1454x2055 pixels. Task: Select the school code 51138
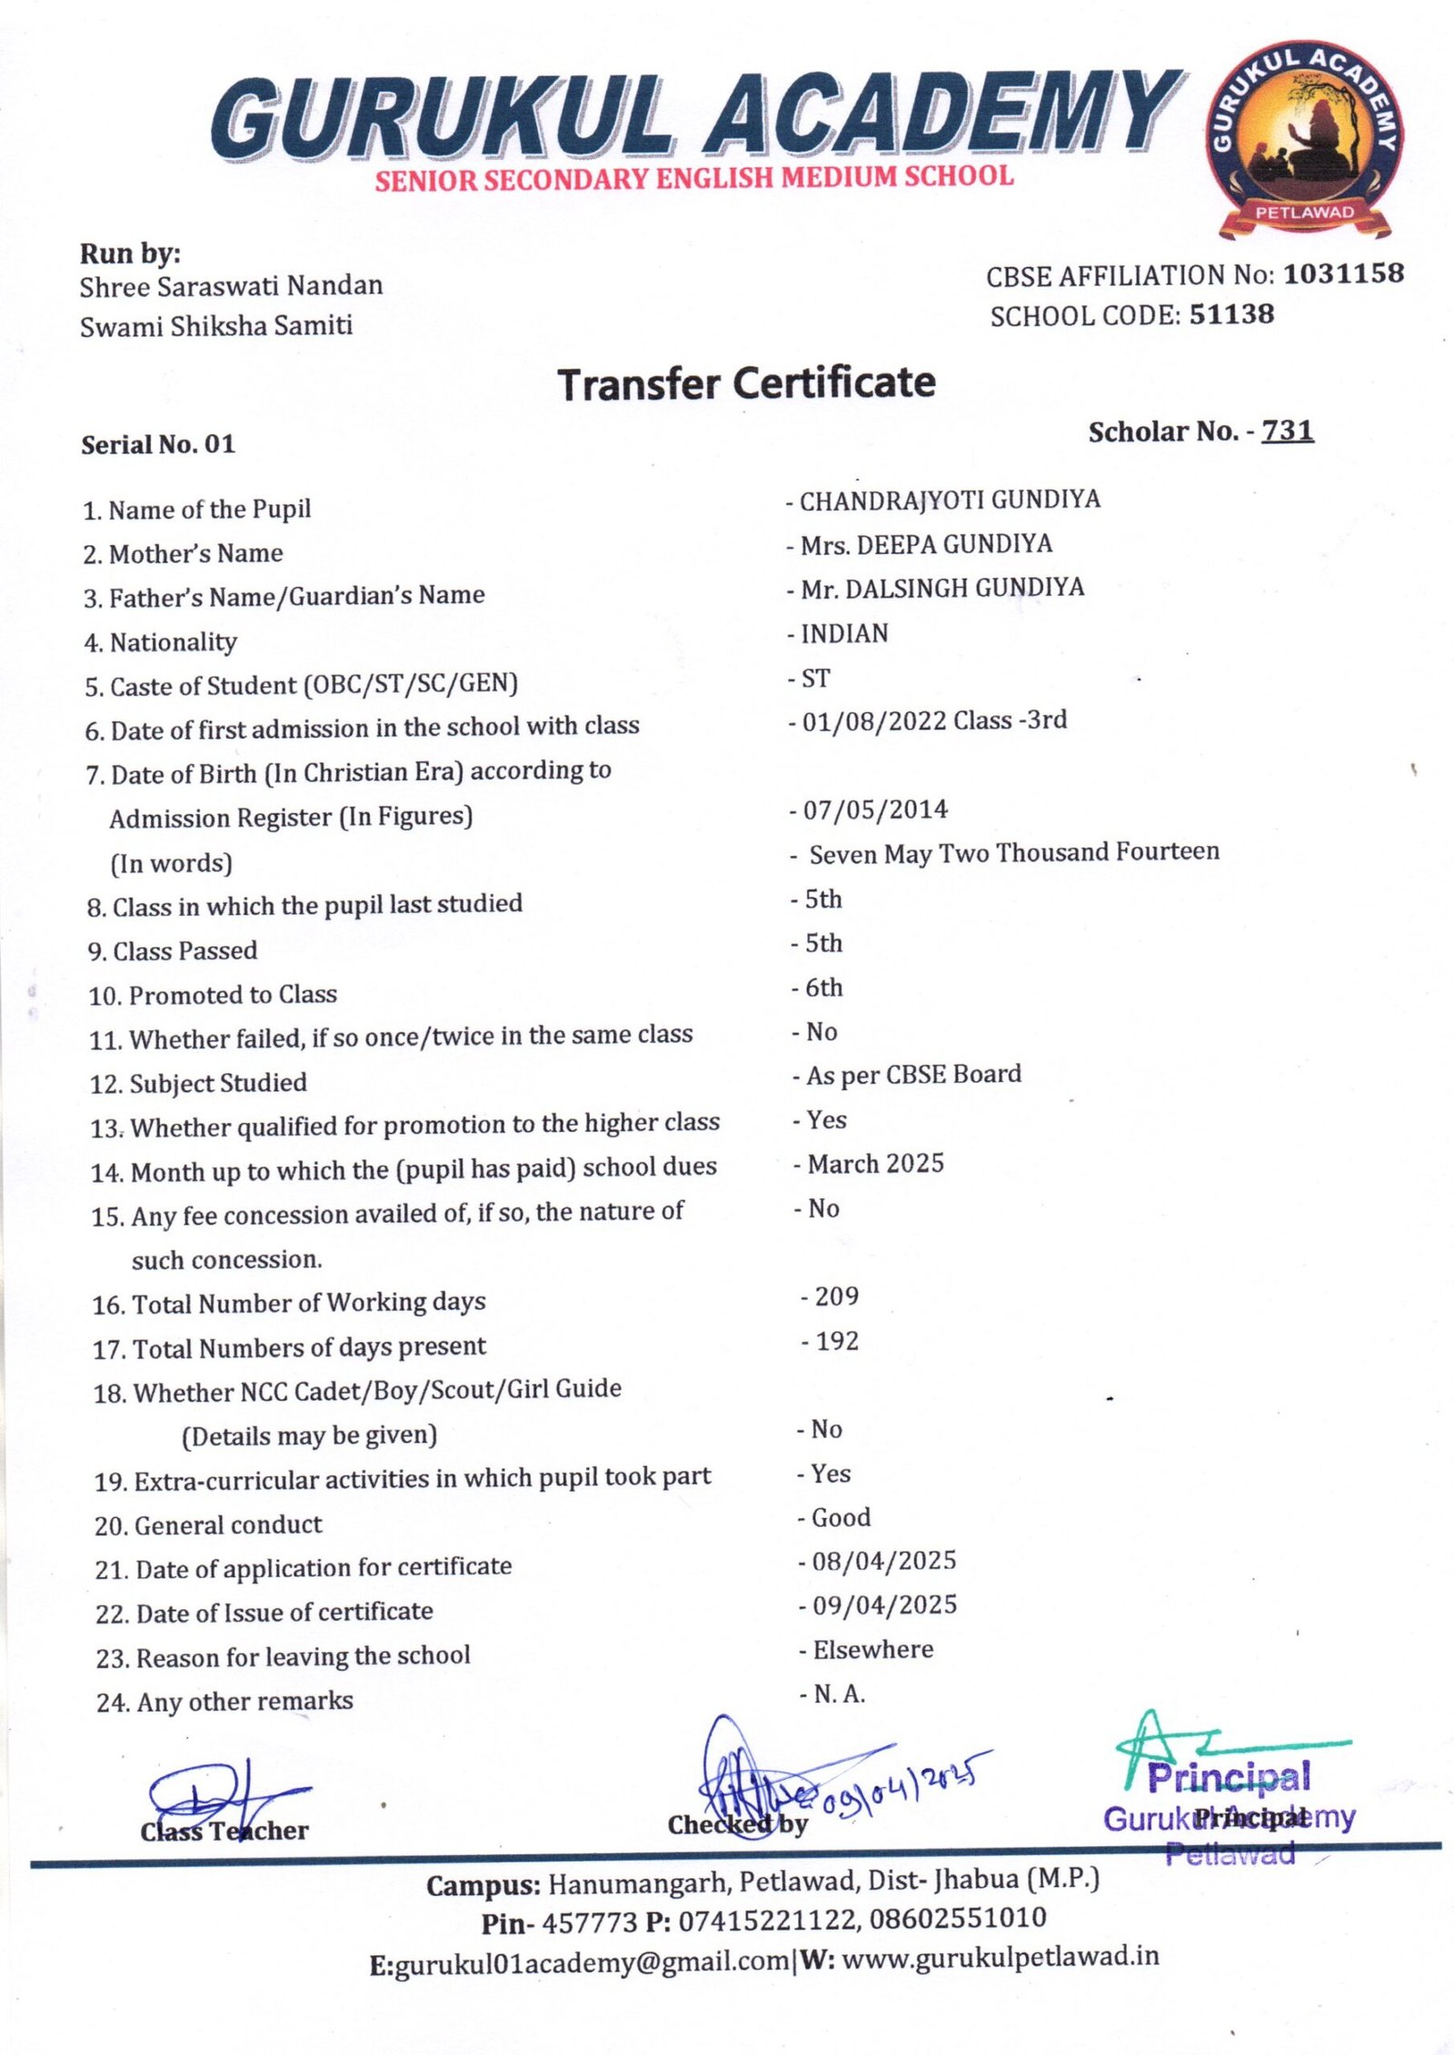coord(1231,314)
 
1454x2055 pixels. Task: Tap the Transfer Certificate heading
coord(746,383)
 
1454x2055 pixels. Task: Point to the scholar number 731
coord(1287,430)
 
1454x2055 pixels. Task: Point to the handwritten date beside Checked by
coord(900,1782)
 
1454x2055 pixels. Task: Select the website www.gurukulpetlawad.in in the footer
coord(1001,1956)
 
